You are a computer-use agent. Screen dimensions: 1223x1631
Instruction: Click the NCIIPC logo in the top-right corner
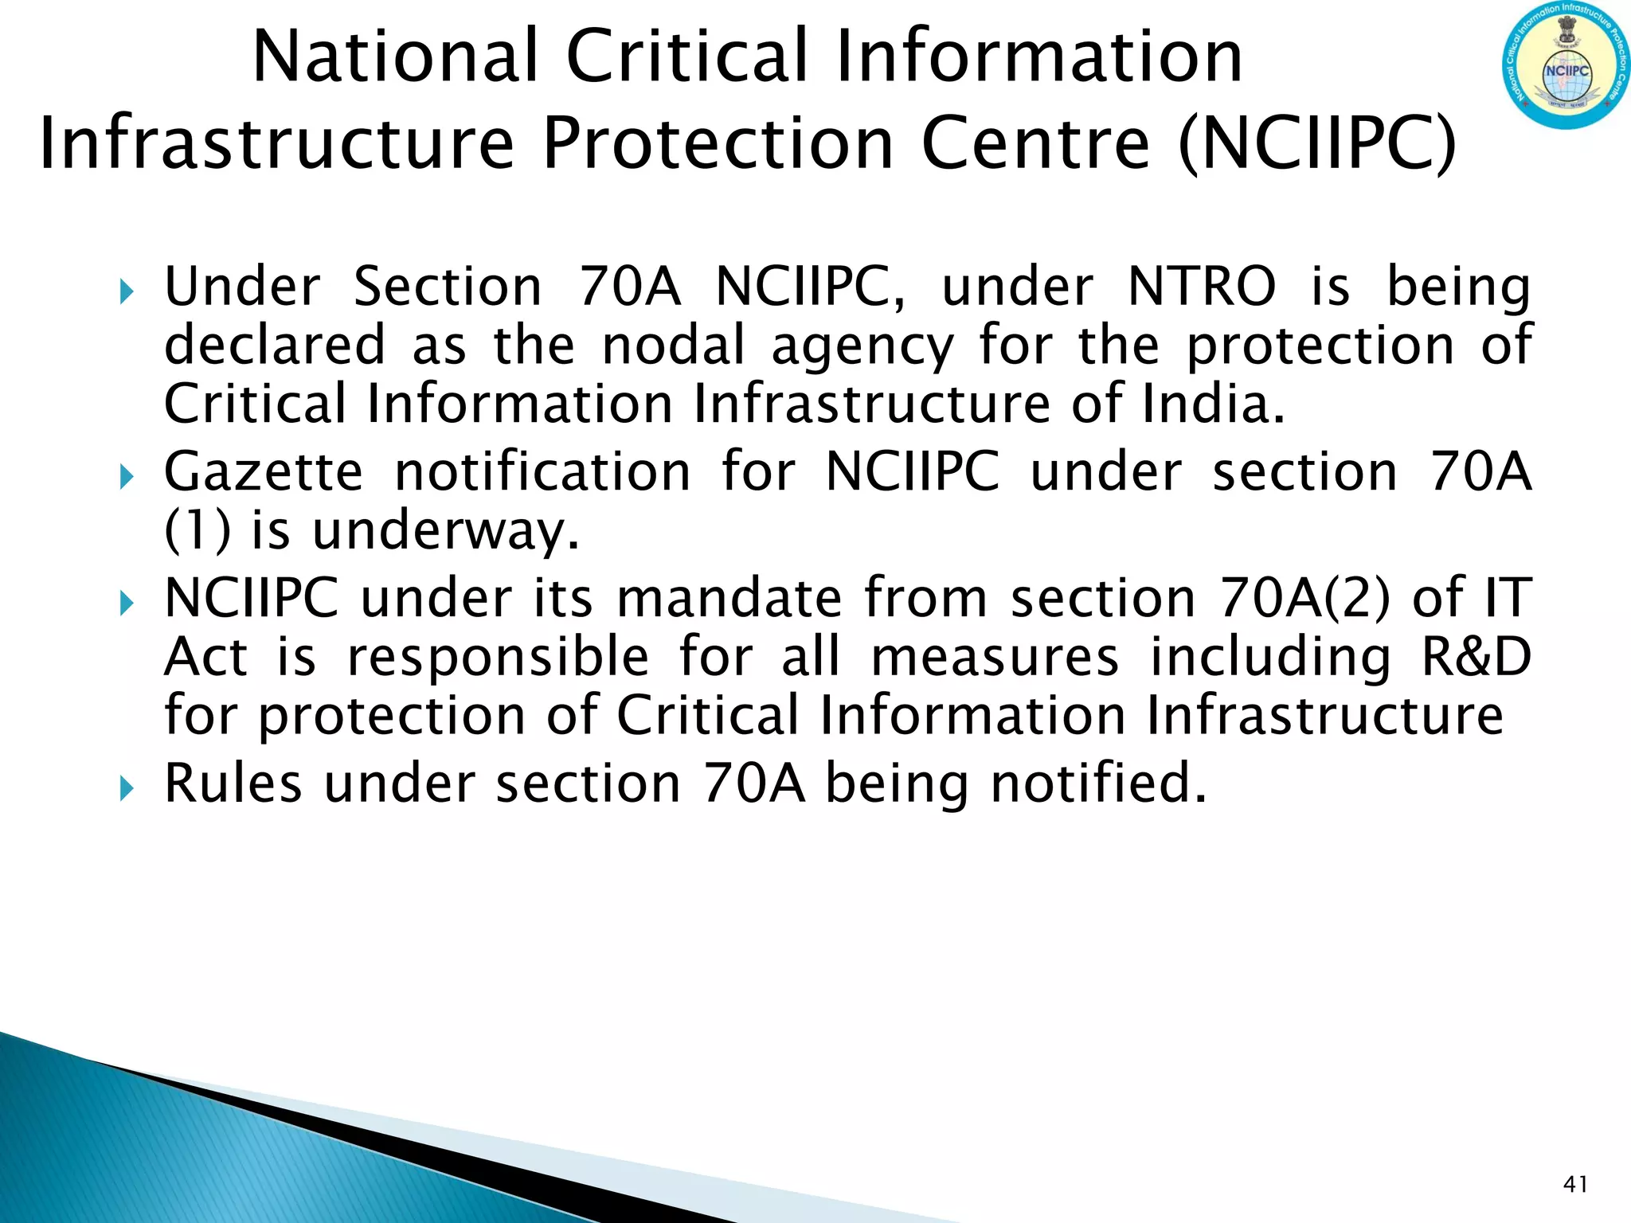click(x=1564, y=66)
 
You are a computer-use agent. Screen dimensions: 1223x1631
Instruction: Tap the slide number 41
click(x=1575, y=1185)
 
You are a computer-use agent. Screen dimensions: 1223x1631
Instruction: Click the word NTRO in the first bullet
click(x=1202, y=287)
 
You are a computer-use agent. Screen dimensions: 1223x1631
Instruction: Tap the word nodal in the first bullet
click(x=673, y=346)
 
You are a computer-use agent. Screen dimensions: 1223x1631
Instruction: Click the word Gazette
click(x=264, y=472)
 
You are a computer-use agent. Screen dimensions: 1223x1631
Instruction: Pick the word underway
click(x=445, y=531)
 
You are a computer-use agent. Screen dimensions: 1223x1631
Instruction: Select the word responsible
click(x=499, y=657)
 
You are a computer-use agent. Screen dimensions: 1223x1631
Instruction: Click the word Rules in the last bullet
click(x=233, y=783)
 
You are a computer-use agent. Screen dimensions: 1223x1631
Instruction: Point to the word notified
click(x=1098, y=783)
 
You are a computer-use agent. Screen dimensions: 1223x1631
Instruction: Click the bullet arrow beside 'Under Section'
click(x=126, y=292)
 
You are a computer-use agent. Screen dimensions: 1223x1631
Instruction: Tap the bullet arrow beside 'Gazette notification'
click(x=126, y=478)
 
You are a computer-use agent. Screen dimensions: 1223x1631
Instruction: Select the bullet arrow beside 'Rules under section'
click(x=126, y=789)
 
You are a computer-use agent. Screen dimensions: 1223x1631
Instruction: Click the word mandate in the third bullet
click(x=729, y=598)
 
